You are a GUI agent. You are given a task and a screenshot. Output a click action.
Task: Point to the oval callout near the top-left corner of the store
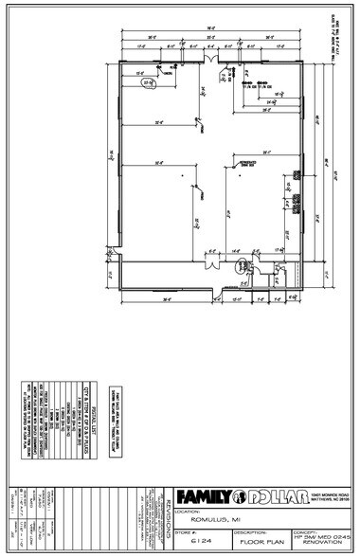(x=147, y=83)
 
